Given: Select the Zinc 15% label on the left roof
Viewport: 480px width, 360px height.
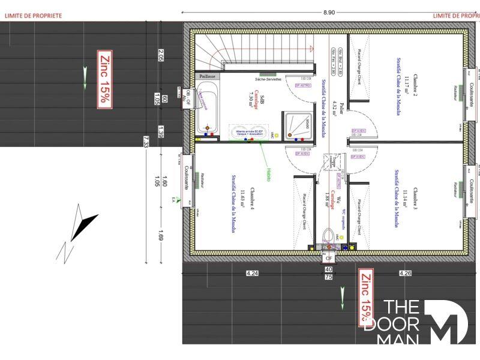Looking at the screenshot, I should point(104,79).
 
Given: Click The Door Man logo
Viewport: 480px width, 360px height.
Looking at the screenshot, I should point(422,322).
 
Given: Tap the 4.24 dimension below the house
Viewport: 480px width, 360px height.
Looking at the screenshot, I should point(253,274).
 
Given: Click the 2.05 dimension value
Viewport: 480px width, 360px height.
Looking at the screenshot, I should point(161,55).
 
